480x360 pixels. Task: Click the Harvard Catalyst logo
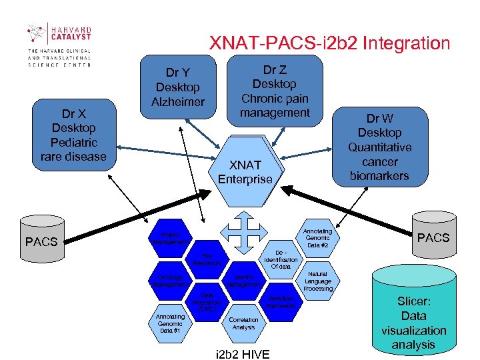59,44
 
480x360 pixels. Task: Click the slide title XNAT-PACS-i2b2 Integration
330,44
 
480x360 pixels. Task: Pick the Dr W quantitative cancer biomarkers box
379,147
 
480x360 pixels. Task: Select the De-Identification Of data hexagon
281,256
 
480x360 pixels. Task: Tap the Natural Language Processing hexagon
317,281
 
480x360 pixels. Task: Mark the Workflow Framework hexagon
281,301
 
